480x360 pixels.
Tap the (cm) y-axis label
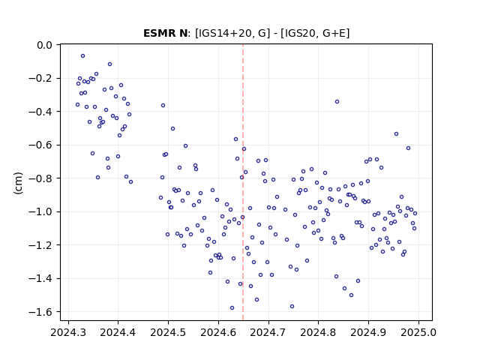pyautogui.click(x=18, y=183)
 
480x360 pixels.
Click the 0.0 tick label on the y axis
pyautogui.click(x=44, y=45)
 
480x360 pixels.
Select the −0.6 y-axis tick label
pyautogui.click(x=40, y=145)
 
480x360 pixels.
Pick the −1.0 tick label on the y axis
pyautogui.click(x=40, y=211)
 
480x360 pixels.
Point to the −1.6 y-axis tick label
pyautogui.click(x=40, y=312)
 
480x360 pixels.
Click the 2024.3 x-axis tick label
pyautogui.click(x=68, y=332)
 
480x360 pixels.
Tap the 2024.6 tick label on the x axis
pyautogui.click(x=218, y=332)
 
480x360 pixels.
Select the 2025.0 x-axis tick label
pyautogui.click(x=418, y=332)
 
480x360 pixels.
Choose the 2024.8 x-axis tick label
pyautogui.click(x=318, y=332)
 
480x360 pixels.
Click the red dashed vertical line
pyautogui.click(x=243, y=182)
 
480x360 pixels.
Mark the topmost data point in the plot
pyautogui.click(x=83, y=56)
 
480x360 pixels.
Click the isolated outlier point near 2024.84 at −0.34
pyautogui.click(x=337, y=102)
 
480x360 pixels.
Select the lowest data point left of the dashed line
pyautogui.click(x=232, y=308)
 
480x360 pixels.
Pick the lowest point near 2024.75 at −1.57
pyautogui.click(x=292, y=307)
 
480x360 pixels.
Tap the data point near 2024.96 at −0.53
pyautogui.click(x=397, y=134)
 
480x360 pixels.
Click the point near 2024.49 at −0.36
pyautogui.click(x=163, y=105)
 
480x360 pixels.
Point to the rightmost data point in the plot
pyautogui.click(x=415, y=213)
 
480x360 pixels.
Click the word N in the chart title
pyautogui.click(x=183, y=33)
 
